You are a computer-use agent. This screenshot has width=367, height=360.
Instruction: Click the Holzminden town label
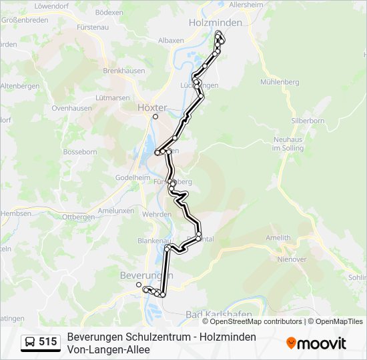(215, 22)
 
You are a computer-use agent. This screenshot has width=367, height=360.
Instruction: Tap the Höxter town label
(151, 107)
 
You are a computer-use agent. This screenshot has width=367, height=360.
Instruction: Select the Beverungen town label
(146, 275)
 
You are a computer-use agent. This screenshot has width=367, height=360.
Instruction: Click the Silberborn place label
(307, 121)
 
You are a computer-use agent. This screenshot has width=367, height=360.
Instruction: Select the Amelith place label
(278, 238)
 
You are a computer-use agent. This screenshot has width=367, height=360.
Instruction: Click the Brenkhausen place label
(120, 70)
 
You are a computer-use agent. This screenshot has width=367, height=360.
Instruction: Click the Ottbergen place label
(79, 217)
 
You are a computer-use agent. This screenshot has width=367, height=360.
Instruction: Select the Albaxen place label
(171, 41)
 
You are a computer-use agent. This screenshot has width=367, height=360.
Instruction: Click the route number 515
(47, 342)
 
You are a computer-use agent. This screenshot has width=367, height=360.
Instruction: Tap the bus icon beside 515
(30, 342)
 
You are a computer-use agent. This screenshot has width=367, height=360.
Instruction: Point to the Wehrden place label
(157, 214)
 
